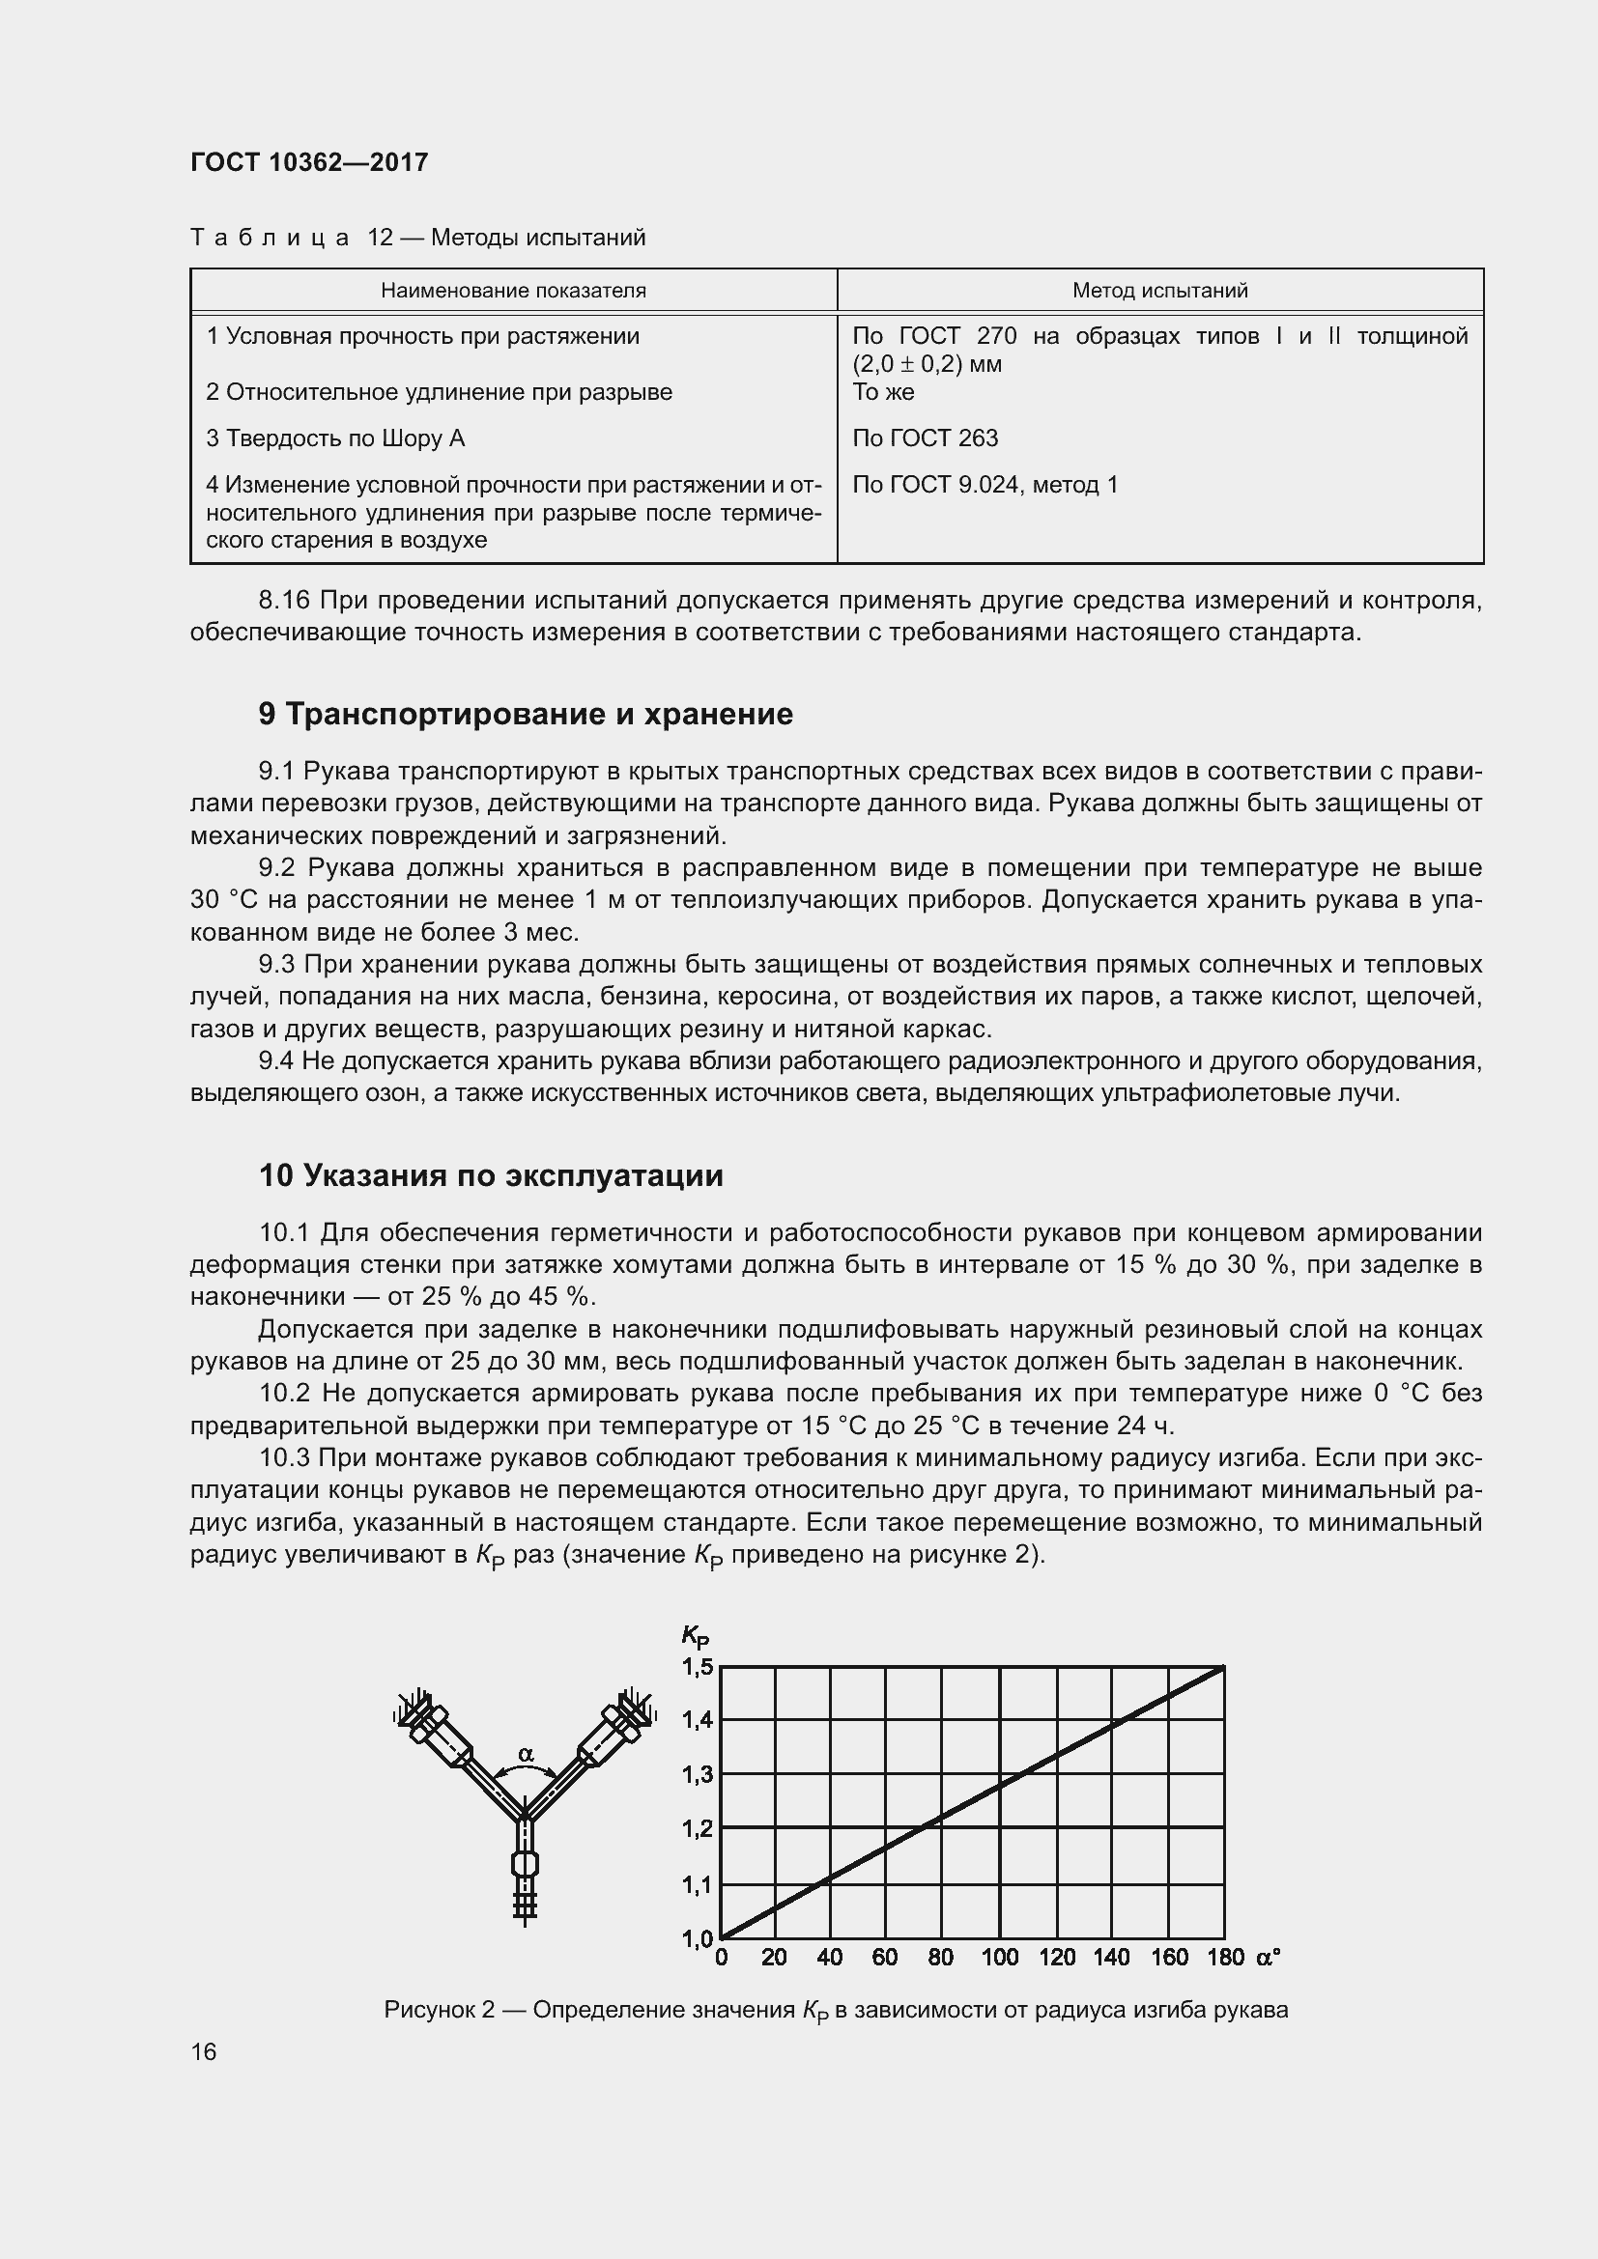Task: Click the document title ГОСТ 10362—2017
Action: pyautogui.click(x=309, y=162)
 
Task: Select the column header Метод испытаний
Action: pyautogui.click(x=1159, y=292)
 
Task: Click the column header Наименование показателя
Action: pyautogui.click(x=513, y=292)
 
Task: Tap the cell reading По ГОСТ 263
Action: pyautogui.click(x=925, y=438)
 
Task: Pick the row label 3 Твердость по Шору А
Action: pyautogui.click(x=335, y=438)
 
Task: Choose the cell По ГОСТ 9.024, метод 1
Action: pyautogui.click(x=984, y=485)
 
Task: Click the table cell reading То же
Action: pyautogui.click(x=884, y=392)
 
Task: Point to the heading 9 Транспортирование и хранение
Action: pyautogui.click(x=526, y=715)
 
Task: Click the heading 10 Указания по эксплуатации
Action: pyautogui.click(x=491, y=1175)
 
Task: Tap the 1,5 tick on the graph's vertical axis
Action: pyautogui.click(x=698, y=1667)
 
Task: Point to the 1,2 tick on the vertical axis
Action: pyautogui.click(x=698, y=1829)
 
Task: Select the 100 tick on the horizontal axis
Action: pyautogui.click(x=1000, y=1958)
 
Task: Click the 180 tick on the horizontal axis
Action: pyautogui.click(x=1225, y=1958)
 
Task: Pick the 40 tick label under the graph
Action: pyautogui.click(x=830, y=1958)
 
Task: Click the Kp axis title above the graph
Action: pyautogui.click(x=695, y=1636)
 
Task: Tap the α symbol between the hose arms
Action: pyautogui.click(x=526, y=1753)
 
